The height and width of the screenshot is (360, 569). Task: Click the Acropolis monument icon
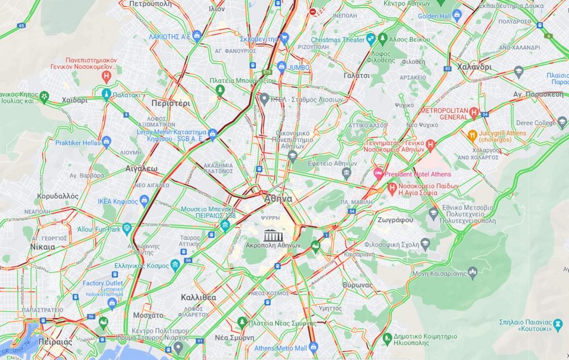[273, 235]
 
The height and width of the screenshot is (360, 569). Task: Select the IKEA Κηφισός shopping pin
[144, 200]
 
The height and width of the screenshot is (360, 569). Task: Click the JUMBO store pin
[282, 66]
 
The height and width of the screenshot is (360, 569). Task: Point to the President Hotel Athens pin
[378, 174]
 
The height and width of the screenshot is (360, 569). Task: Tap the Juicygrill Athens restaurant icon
[472, 135]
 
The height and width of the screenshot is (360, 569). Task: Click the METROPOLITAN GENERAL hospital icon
[474, 113]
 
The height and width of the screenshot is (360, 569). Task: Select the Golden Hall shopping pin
[456, 16]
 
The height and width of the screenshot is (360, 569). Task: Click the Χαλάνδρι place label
[474, 67]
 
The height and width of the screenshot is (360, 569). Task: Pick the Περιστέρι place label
[171, 103]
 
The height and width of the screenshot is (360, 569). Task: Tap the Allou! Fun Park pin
[126, 228]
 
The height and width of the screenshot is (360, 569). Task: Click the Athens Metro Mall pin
[314, 348]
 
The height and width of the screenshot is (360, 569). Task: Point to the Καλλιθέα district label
[198, 297]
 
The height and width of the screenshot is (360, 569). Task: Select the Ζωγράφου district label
[395, 219]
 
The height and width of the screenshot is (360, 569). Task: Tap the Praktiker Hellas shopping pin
[106, 142]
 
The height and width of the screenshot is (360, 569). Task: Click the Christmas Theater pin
[371, 39]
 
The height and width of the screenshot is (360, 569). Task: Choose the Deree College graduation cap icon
[562, 122]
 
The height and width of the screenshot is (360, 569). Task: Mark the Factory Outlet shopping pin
[112, 303]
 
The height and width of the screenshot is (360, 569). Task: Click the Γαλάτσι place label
[356, 75]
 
